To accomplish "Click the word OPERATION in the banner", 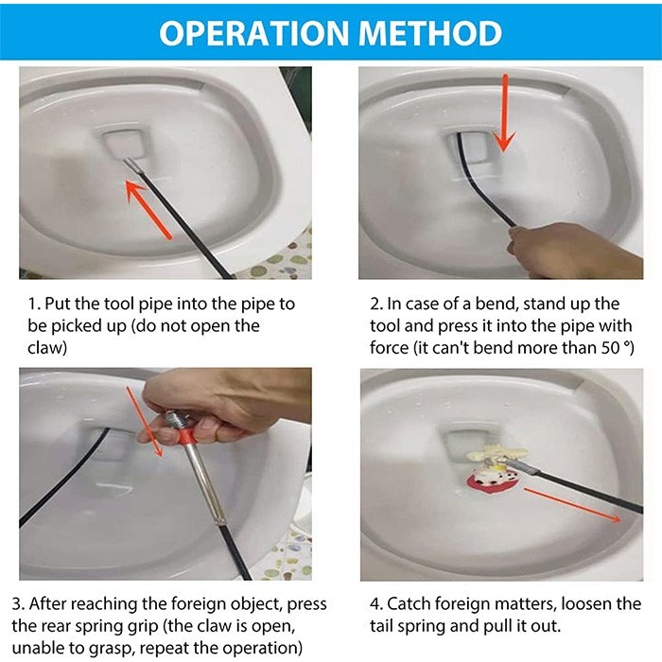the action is pos(253,33).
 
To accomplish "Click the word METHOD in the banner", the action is pos(430,33).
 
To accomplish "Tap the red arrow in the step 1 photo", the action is pos(149,209).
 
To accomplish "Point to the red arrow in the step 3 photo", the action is pos(145,422).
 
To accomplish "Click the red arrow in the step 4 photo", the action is pos(572,505).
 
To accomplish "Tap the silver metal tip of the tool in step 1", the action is pos(134,165).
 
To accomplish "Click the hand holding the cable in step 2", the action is pos(575,253).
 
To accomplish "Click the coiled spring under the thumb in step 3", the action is pos(174,420).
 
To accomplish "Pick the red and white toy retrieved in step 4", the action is pos(492,482).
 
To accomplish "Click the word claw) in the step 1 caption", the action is pos(47,348).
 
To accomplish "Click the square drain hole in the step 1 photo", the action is pos(122,142).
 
